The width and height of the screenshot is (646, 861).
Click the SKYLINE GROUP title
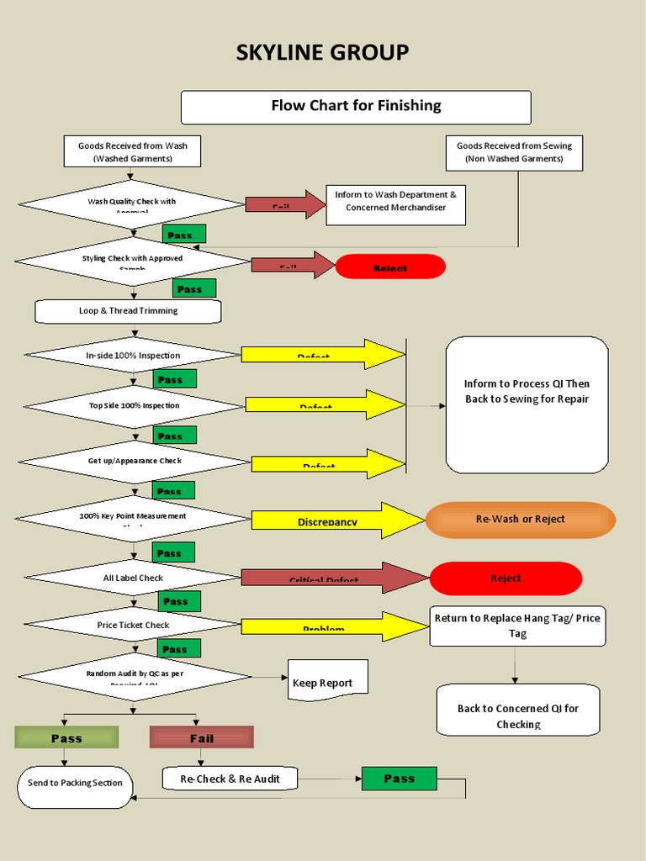[322, 52]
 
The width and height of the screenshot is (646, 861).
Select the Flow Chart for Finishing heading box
[356, 107]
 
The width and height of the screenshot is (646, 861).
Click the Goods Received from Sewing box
[513, 152]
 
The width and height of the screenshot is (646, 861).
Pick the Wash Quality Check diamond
[132, 203]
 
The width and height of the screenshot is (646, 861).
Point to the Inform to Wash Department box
[395, 202]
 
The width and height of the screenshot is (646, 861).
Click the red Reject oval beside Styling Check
[390, 267]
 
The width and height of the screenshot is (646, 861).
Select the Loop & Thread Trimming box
[128, 311]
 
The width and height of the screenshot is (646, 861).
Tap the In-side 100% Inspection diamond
[133, 355]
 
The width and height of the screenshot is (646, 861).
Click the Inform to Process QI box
[527, 404]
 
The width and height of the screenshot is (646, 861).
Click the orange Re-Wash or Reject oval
[521, 520]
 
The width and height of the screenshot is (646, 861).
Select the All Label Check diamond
[133, 578]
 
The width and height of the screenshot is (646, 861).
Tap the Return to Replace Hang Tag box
[517, 626]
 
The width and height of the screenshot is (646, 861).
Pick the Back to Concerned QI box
[518, 710]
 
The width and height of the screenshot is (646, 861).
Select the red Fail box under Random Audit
[201, 737]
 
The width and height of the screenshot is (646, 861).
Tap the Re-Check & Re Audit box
[230, 779]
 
